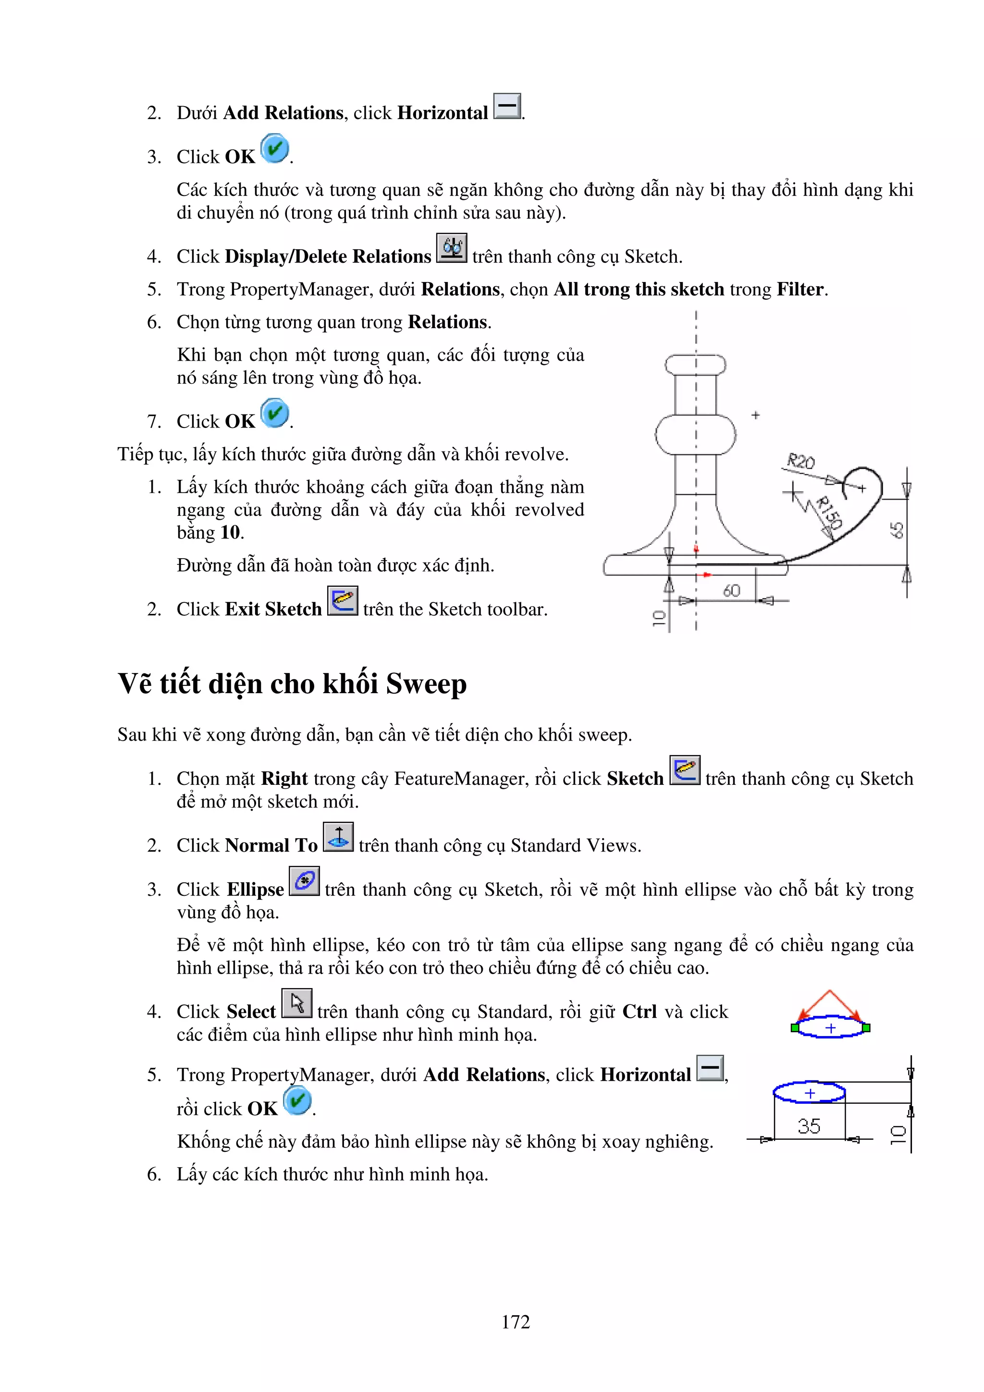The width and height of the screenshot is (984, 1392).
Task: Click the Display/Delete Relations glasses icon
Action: point(452,248)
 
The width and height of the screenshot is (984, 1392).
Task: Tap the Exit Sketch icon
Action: point(343,600)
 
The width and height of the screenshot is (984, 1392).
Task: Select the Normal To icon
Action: point(338,837)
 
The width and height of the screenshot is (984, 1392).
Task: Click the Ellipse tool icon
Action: point(304,881)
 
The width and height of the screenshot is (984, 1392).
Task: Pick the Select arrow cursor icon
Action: point(297,1003)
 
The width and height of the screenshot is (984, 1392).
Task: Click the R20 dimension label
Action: point(800,462)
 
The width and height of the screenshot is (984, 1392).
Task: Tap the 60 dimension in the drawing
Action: point(732,590)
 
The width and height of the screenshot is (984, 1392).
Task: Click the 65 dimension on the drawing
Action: point(897,530)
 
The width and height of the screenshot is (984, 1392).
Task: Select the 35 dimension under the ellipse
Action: point(809,1126)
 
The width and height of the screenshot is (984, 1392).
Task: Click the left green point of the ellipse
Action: point(795,1027)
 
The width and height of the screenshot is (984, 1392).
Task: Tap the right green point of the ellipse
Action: point(866,1027)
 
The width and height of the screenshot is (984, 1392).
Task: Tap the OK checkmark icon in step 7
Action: point(275,413)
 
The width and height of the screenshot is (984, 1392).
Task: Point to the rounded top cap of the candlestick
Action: point(695,365)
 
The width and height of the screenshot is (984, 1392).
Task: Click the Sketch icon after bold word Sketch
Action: point(685,770)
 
